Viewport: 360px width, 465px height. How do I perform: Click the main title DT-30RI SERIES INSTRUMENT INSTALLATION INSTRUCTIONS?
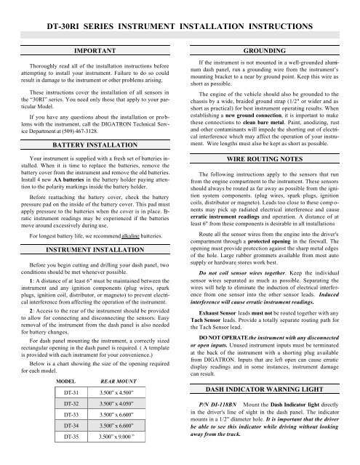tap(180, 27)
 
